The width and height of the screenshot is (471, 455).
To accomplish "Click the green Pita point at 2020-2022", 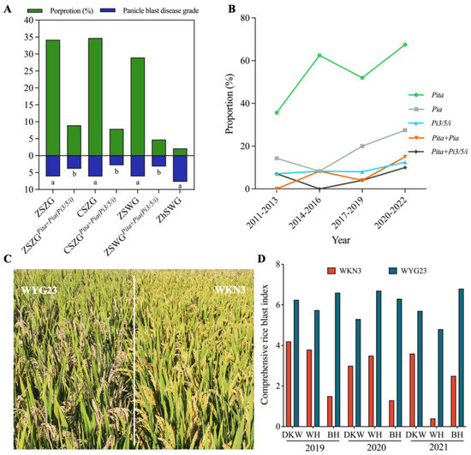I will click(x=405, y=45).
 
